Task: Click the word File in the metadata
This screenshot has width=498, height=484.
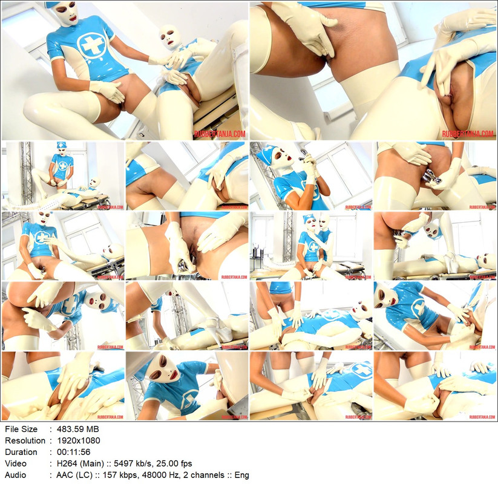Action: click(12, 429)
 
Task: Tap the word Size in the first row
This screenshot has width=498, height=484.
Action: click(30, 429)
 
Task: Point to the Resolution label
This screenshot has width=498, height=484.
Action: click(25, 440)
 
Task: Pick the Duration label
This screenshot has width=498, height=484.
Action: click(22, 452)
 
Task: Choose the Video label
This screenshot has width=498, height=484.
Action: click(16, 463)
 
